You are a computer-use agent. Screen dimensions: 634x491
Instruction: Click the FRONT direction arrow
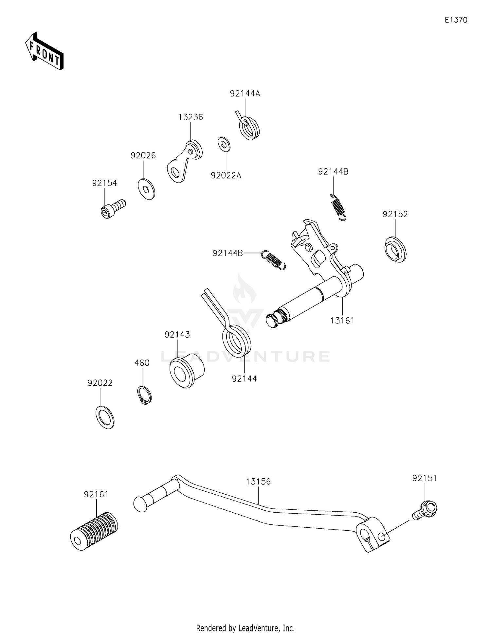pos(44,51)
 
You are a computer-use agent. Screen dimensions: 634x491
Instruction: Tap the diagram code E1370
pos(456,20)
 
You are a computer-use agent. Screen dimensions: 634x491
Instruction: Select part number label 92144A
pos(245,94)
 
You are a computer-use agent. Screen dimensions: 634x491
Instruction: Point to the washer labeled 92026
pos(146,189)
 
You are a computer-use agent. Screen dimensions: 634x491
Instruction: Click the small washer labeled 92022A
pos(224,144)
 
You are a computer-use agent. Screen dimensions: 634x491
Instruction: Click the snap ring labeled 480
pos(144,395)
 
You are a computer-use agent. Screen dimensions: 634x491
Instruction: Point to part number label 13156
pos(258,482)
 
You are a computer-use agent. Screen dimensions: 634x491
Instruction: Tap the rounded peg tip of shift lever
pos(140,504)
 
